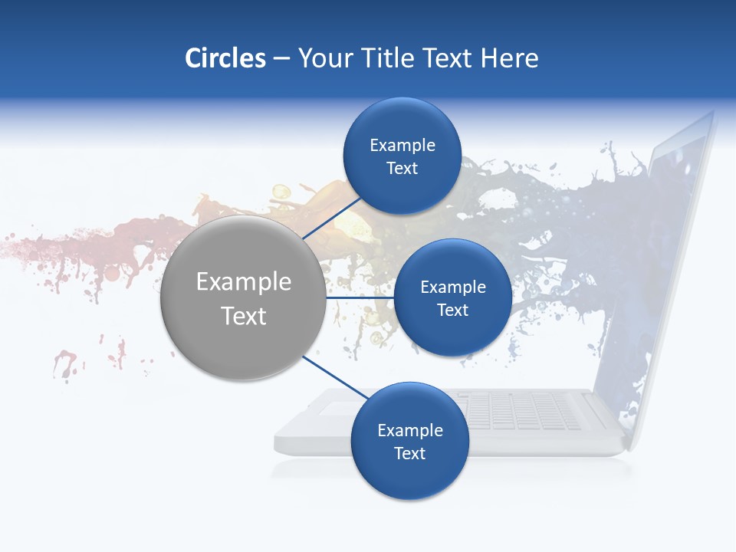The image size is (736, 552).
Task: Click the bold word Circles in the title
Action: (225, 58)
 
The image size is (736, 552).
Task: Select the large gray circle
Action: (244, 298)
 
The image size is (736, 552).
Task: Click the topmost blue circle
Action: (402, 156)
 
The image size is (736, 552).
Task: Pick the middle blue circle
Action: (452, 298)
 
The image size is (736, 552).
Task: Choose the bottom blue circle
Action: (409, 442)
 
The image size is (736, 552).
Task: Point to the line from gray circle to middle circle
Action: (360, 297)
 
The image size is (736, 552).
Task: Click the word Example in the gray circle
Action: (244, 282)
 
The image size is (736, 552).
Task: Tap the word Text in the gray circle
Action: (244, 316)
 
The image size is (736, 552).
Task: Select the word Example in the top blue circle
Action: (402, 146)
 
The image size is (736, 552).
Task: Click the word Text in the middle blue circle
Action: (452, 310)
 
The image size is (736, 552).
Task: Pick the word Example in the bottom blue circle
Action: (410, 431)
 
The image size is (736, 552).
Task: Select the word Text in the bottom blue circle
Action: (409, 454)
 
